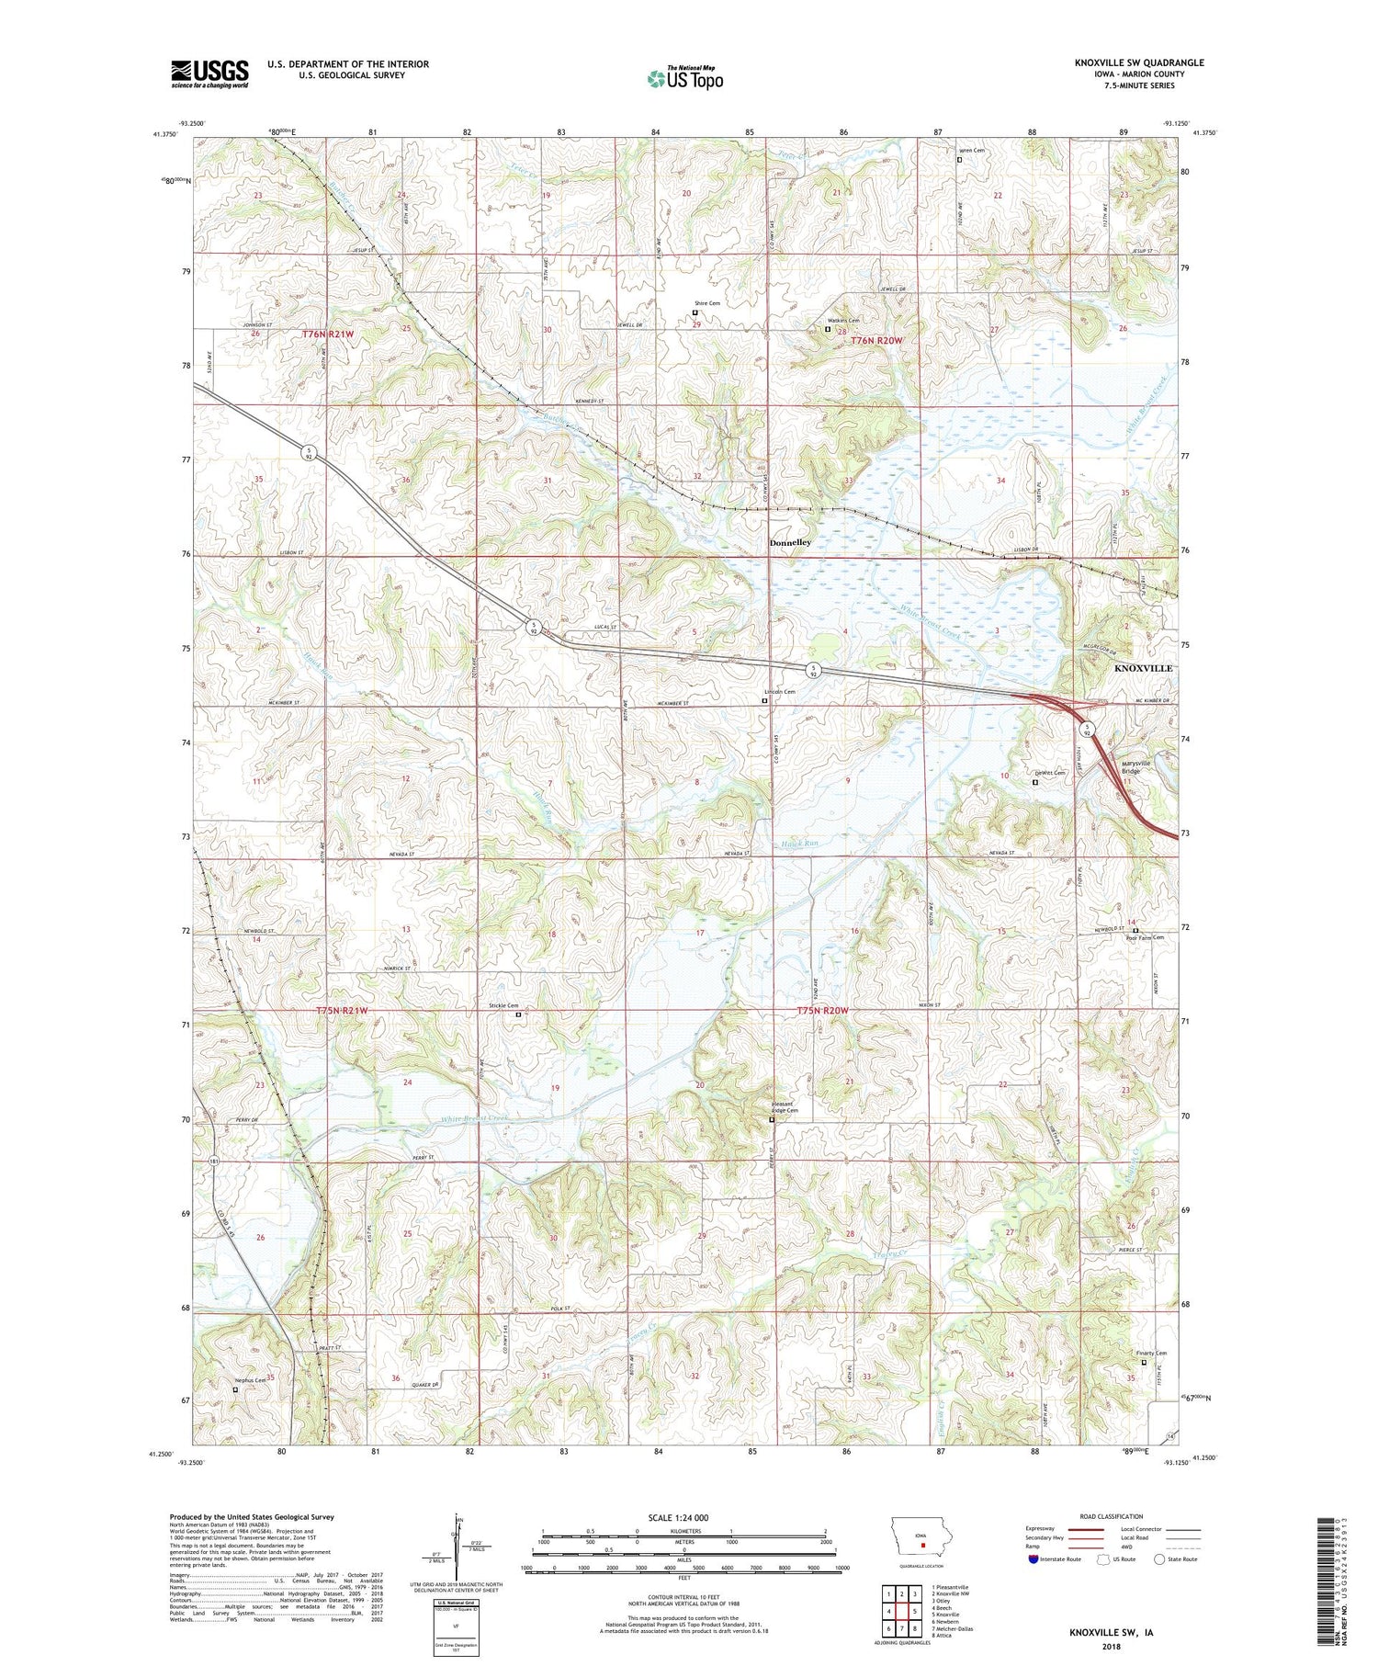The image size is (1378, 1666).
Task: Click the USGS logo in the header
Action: pyautogui.click(x=209, y=74)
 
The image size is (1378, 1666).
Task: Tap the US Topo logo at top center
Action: pyautogui.click(x=684, y=79)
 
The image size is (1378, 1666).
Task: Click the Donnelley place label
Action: pyautogui.click(x=790, y=543)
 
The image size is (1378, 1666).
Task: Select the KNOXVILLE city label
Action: pyautogui.click(x=1143, y=668)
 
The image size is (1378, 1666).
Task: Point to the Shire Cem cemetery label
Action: pyautogui.click(x=706, y=303)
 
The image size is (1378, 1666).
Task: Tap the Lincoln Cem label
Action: pyautogui.click(x=780, y=692)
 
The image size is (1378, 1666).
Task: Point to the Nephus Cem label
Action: pyautogui.click(x=250, y=1380)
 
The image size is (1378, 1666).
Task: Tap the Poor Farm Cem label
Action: pyautogui.click(x=1145, y=937)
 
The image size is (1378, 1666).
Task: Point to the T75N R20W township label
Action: pyautogui.click(x=823, y=1011)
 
